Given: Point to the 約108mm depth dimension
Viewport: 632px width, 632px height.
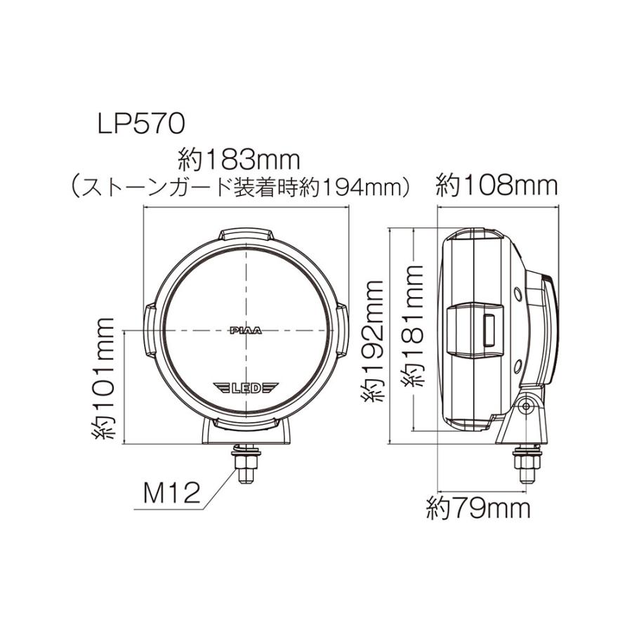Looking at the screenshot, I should [496, 186].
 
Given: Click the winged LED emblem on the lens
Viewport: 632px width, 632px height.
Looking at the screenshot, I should [246, 387].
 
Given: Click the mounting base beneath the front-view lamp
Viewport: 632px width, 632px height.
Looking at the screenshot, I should [246, 431].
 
